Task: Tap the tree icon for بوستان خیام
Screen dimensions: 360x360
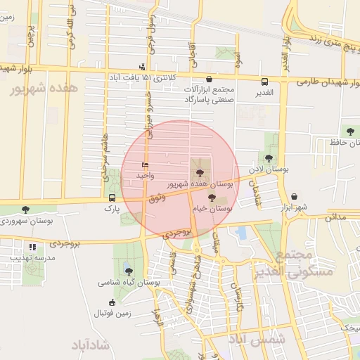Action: click(212, 198)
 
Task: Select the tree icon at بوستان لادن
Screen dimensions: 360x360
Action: click(270, 158)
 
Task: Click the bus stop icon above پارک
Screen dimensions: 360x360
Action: click(112, 198)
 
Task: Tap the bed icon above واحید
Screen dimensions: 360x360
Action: click(145, 165)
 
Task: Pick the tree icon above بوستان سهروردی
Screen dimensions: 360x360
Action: click(26, 210)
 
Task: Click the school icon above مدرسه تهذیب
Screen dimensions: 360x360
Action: click(32, 247)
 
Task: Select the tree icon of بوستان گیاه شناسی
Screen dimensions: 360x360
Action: click(128, 270)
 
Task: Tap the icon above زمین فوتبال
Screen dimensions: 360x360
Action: click(111, 302)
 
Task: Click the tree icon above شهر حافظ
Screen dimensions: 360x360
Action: click(349, 131)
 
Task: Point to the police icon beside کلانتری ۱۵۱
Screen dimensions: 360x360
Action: click(143, 67)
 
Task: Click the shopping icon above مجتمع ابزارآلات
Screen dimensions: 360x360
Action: click(210, 79)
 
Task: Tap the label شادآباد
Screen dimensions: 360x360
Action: click(92, 345)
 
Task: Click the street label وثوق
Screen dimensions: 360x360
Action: click(158, 199)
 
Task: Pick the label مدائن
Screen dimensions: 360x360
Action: click(335, 218)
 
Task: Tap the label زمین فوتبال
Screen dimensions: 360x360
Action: click(112, 312)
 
